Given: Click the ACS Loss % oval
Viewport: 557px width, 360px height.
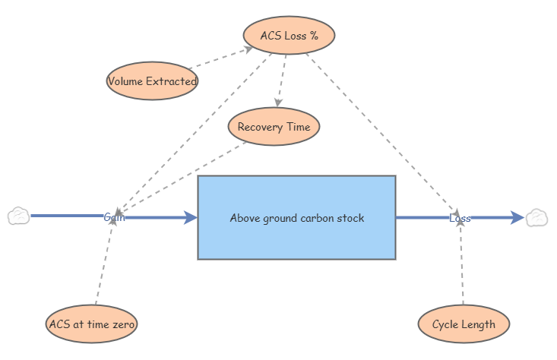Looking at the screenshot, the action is pyautogui.click(x=290, y=35).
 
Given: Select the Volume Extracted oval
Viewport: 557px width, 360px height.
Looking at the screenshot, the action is pyautogui.click(x=152, y=81).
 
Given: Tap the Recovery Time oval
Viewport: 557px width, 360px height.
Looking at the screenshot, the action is pyautogui.click(x=274, y=126).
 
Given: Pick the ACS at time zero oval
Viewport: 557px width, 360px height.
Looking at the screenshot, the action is pyautogui.click(x=92, y=324).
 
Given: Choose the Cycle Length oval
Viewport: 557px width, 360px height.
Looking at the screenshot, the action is pyautogui.click(x=464, y=324).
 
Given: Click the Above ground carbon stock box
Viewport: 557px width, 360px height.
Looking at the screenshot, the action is pyautogui.click(x=296, y=218).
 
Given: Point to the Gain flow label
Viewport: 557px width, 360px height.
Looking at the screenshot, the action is pyautogui.click(x=115, y=217).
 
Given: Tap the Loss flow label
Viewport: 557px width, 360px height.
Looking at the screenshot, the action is pyautogui.click(x=460, y=218).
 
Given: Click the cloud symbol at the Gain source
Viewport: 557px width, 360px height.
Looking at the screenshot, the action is pyautogui.click(x=19, y=216).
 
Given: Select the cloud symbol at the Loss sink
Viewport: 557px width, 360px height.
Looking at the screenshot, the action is pyautogui.click(x=536, y=218).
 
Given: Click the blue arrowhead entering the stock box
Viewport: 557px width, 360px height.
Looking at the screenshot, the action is pyautogui.click(x=191, y=218).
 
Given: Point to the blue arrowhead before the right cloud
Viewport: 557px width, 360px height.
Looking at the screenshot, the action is pyautogui.click(x=517, y=218).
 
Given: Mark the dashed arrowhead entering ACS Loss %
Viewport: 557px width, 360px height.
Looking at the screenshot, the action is pyautogui.click(x=248, y=49).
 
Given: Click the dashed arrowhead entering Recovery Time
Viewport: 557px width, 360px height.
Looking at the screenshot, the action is pyautogui.click(x=278, y=103).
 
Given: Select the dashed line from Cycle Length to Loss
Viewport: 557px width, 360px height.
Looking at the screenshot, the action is pyautogui.click(x=462, y=264).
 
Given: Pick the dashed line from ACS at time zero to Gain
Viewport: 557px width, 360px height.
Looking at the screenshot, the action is pyautogui.click(x=104, y=262).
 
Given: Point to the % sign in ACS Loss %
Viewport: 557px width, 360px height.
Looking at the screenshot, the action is pyautogui.click(x=313, y=36).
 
